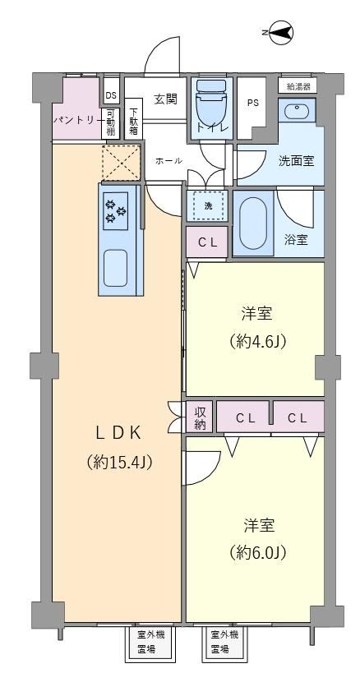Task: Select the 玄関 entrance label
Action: pos(165,99)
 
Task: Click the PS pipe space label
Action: pos(252,102)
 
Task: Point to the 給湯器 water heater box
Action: pos(298,85)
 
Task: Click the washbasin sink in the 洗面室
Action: pos(297,111)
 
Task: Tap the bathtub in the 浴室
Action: pos(252,224)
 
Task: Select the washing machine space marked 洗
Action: pos(207,205)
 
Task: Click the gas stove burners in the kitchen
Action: pos(115,211)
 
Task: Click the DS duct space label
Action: pos(111,96)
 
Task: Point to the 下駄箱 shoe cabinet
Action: pos(134,120)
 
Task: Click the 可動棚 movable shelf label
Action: pos(111,123)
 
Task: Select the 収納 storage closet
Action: pos(200,417)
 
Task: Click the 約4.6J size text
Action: pos(257,341)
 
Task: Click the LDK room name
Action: pos(118,433)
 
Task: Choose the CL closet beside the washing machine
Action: pos(207,242)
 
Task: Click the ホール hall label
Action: pos(168,161)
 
